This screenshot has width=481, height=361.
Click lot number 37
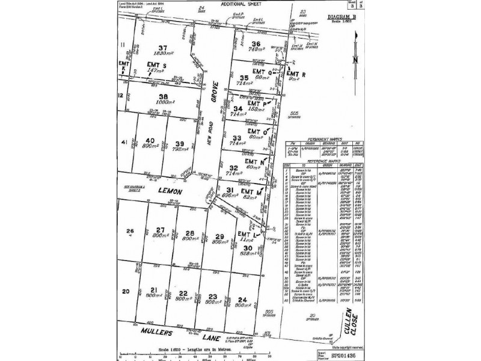click(x=163, y=48)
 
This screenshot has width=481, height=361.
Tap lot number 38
click(x=162, y=96)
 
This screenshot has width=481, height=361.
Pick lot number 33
click(x=236, y=138)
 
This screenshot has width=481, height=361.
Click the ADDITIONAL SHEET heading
click(x=222, y=4)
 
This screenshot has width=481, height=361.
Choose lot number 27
click(x=160, y=229)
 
